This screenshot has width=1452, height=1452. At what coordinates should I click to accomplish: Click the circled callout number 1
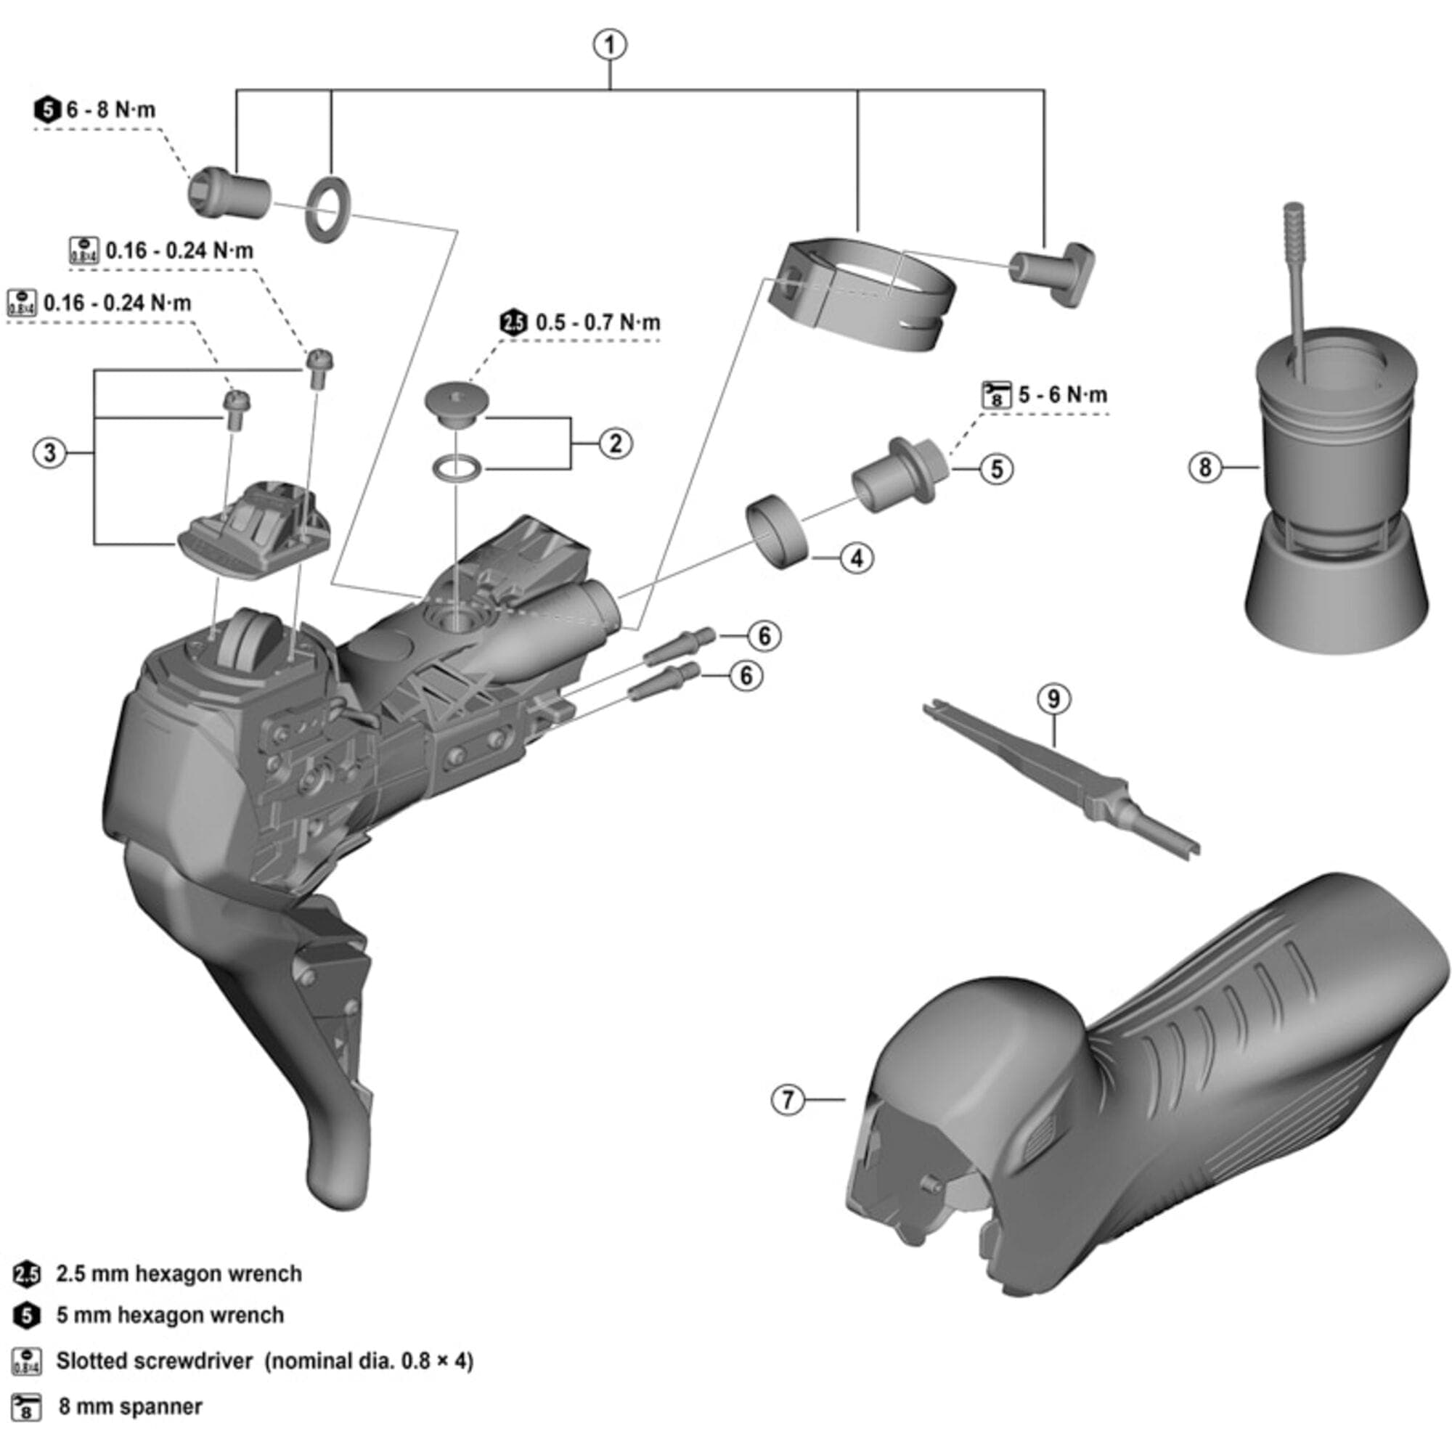(x=610, y=44)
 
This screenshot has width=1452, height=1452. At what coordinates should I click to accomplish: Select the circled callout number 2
(x=616, y=443)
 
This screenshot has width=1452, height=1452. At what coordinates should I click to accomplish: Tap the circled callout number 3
(x=50, y=453)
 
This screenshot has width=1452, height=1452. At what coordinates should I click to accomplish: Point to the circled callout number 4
(x=857, y=558)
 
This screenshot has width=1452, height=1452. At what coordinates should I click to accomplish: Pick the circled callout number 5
(x=997, y=469)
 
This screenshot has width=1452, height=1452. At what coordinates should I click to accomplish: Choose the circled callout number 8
(x=1204, y=468)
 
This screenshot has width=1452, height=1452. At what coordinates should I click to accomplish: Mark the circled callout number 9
(x=1053, y=699)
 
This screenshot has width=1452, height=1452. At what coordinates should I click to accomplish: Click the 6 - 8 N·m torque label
(x=110, y=110)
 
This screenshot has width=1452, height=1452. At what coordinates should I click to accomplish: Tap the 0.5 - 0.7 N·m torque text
(x=597, y=323)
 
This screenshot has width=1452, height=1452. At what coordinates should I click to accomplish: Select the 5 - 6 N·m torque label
(x=1062, y=394)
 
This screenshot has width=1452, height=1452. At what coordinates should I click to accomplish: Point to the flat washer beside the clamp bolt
(x=327, y=210)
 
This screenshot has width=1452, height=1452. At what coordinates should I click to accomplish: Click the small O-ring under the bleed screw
(x=456, y=468)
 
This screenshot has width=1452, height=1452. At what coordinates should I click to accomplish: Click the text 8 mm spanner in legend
(x=130, y=1407)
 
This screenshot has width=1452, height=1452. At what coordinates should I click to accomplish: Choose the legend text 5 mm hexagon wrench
(x=170, y=1316)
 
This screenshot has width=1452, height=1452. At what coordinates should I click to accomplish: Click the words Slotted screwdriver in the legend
(x=154, y=1361)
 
